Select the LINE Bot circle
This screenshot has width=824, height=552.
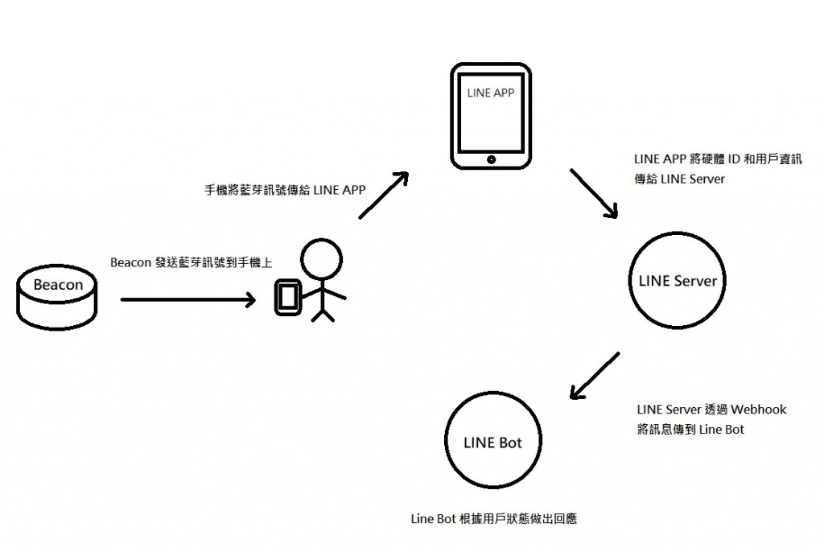point(492,443)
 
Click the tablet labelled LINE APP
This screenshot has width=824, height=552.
point(490,117)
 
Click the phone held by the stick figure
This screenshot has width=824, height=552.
point(287,297)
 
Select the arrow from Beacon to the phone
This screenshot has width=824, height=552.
point(187,300)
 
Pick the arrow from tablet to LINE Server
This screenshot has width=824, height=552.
point(594,193)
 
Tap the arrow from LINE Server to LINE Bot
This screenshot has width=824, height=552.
point(595,376)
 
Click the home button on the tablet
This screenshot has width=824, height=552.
point(490,160)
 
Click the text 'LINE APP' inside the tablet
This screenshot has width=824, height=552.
point(490,93)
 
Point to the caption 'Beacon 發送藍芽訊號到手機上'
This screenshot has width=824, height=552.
point(190,263)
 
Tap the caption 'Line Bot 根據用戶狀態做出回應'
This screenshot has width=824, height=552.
point(492,519)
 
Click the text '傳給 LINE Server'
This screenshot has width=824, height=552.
point(679,179)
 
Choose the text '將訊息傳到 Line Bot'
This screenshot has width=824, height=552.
point(690,429)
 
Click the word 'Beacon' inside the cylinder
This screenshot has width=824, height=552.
point(58,285)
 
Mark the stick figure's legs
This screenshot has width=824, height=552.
point(322,312)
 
